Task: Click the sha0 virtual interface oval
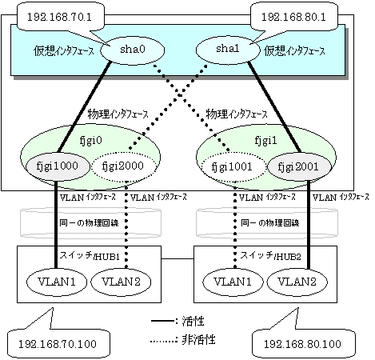(x=132, y=50)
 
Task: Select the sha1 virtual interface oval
(x=228, y=50)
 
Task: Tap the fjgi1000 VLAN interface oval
(x=57, y=166)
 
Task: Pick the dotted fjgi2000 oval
(x=123, y=166)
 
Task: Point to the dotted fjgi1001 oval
(x=232, y=167)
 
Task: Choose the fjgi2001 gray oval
(x=298, y=167)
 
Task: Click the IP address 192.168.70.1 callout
(x=59, y=18)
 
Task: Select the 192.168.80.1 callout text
(x=293, y=18)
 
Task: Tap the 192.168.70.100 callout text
(x=58, y=344)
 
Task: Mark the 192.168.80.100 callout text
(x=302, y=344)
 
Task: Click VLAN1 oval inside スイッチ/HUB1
(x=57, y=282)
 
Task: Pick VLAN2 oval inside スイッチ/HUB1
(x=121, y=282)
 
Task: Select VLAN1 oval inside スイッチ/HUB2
(x=233, y=282)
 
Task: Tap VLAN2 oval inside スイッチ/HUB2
(x=297, y=282)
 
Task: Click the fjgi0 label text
(x=91, y=140)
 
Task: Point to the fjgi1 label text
(x=265, y=140)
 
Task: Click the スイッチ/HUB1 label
(x=90, y=256)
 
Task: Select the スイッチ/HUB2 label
(x=271, y=256)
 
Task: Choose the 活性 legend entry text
(x=193, y=321)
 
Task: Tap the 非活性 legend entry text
(x=198, y=340)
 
